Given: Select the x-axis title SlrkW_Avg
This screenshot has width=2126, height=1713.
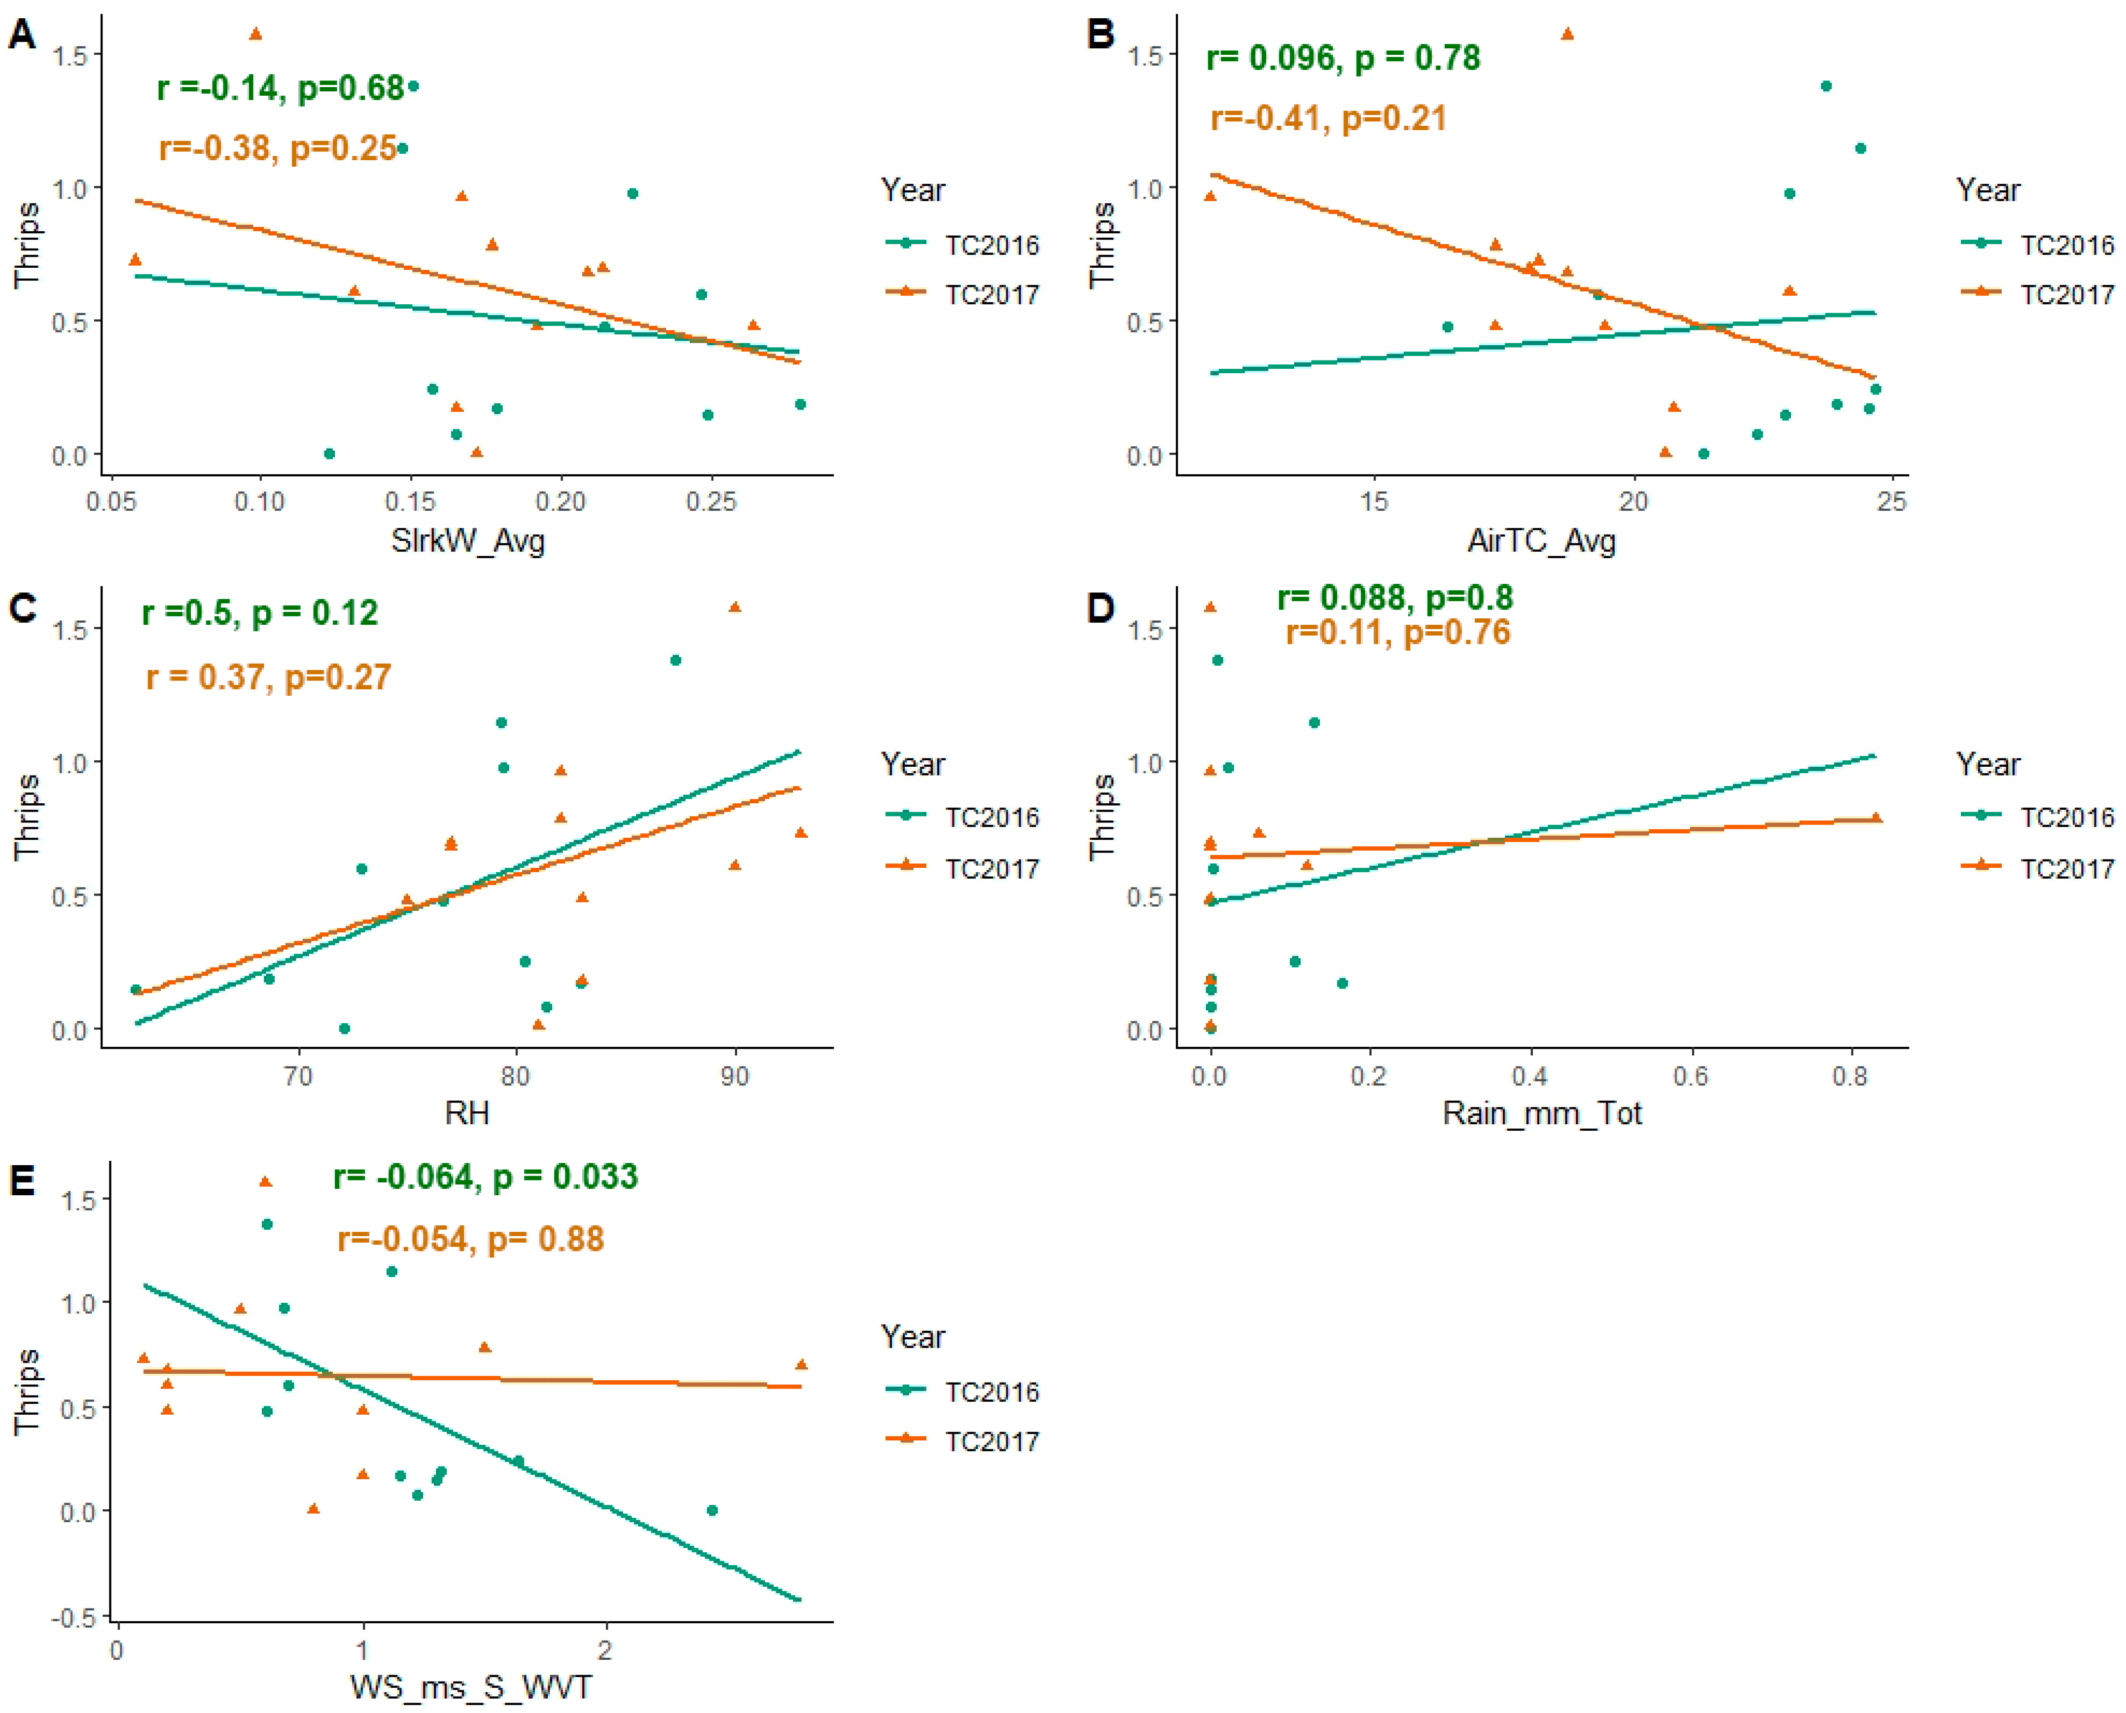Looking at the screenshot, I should tap(467, 541).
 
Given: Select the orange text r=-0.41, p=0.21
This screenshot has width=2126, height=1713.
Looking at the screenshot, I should tap(1328, 118).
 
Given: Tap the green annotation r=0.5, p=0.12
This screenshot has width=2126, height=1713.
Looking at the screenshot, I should tap(259, 613).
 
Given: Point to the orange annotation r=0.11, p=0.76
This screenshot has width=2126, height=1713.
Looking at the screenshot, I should tap(1397, 632).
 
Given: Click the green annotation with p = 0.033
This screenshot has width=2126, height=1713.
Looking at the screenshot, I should tap(485, 1176).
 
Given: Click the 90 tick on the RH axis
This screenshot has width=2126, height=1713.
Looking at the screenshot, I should tap(734, 1075).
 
